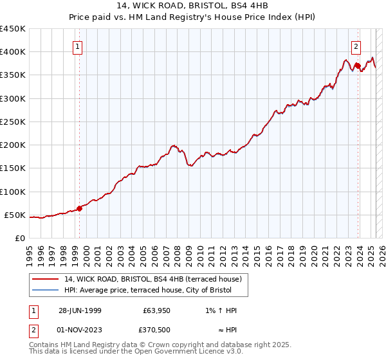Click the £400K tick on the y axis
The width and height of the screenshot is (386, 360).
(13, 52)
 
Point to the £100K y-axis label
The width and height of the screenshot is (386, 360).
(13, 192)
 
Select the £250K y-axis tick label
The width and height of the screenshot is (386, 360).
(13, 122)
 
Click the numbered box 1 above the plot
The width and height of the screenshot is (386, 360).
(77, 46)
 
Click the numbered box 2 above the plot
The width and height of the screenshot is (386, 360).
(356, 46)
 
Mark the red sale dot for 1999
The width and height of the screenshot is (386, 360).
(80, 208)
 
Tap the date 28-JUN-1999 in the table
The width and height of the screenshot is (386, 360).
(80, 310)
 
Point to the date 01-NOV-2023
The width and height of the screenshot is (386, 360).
(80, 330)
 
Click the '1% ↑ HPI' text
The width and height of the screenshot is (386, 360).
(219, 310)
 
